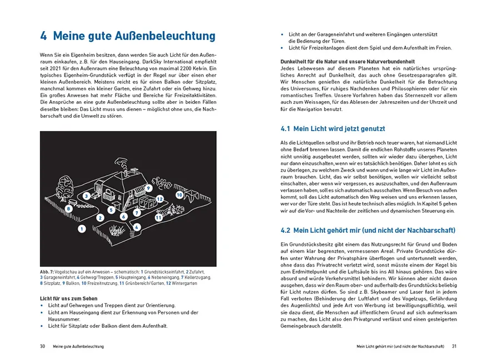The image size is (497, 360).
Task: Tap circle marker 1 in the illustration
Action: tap(82, 228)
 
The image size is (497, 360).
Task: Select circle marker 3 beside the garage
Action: tap(87, 196)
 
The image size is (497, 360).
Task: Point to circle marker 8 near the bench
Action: tap(68, 208)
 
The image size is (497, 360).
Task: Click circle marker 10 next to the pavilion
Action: tap(179, 196)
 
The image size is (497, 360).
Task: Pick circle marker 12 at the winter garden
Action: tap(159, 198)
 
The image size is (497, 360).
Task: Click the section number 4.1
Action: tap(285, 129)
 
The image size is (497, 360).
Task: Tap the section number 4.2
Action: tap(285, 230)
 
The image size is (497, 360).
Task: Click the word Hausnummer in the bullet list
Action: tap(64, 319)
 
